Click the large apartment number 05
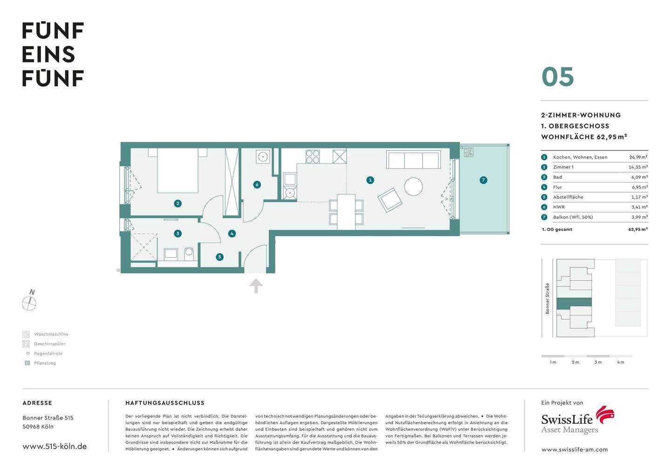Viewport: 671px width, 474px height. coord(557,77)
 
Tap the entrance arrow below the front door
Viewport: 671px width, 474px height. coord(255,286)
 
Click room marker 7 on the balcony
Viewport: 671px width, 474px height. coord(483,180)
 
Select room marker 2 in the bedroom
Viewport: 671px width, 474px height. coord(178,203)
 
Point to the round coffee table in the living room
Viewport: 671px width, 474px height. coord(413,187)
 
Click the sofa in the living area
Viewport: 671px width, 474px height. coord(413,160)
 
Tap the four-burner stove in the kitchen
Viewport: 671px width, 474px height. coord(313,156)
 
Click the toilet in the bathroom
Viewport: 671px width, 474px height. coord(189,253)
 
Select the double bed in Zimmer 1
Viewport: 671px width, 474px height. coord(178,170)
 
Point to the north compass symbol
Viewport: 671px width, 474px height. coord(29,303)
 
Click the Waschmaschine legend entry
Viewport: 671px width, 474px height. coord(51,334)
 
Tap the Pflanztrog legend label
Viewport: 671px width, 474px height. coord(45,363)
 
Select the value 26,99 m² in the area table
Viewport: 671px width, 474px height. coord(638,157)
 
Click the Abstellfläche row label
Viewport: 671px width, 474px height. coord(568,197)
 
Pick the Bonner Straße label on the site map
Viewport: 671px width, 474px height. coord(548,298)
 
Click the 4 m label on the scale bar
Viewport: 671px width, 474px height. coord(620,362)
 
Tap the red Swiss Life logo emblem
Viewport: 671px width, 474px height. coord(605,414)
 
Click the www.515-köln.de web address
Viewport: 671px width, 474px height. coord(55,446)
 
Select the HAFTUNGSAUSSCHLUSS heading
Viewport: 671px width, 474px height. coord(165,403)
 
